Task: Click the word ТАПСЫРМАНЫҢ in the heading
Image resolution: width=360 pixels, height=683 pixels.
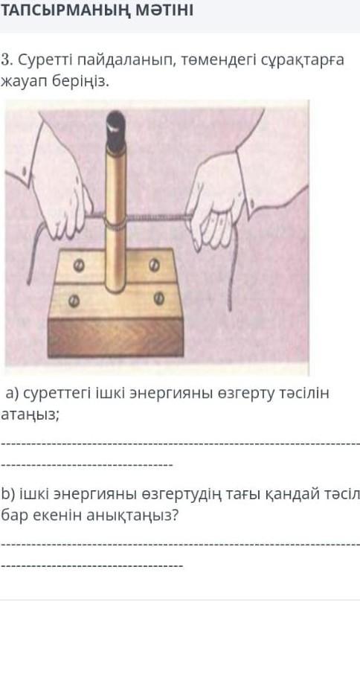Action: [65, 10]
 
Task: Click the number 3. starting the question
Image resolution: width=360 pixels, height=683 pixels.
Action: [6, 60]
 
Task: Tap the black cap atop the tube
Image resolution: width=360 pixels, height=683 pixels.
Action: [116, 132]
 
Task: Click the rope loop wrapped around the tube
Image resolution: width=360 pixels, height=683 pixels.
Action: [115, 223]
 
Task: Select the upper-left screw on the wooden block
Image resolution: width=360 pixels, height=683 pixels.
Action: [79, 266]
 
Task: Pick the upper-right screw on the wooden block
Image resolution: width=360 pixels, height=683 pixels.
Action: [155, 265]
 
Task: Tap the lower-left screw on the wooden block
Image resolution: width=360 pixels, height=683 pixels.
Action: [74, 300]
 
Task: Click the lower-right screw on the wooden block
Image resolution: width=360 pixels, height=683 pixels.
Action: [159, 298]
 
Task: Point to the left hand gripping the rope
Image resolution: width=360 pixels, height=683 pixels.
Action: [61, 196]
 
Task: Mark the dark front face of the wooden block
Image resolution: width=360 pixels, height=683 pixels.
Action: [115, 338]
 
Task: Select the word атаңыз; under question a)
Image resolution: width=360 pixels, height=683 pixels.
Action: [30, 414]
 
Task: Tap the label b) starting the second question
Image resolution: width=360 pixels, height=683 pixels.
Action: [8, 494]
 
